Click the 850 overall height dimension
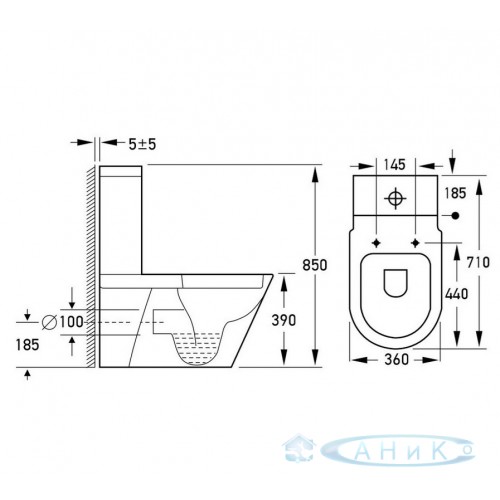coord(315,265)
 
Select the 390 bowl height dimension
coord(284,320)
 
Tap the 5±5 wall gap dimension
coord(142,144)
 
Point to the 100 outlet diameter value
coord(71,322)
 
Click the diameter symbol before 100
coord(49,322)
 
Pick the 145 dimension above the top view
coord(394,165)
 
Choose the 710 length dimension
coord(478,262)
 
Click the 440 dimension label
coord(456,294)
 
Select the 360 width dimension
coord(396,359)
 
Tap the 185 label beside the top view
coord(455,193)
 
